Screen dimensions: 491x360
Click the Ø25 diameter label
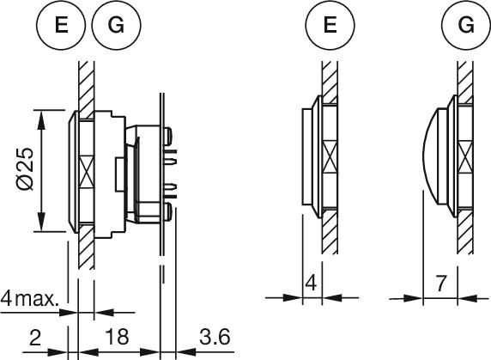coord(25,168)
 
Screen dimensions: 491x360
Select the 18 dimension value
coord(117,337)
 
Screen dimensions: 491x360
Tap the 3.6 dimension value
coord(215,337)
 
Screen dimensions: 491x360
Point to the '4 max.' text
coord(29,298)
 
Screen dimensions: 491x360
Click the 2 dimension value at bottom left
coord(35,337)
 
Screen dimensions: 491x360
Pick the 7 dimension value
coord(440,283)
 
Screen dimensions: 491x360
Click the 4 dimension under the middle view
coord(311,283)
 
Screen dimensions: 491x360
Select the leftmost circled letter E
coord(61,25)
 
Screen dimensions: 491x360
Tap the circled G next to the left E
coord(117,25)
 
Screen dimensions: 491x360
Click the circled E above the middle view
coord(330,25)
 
